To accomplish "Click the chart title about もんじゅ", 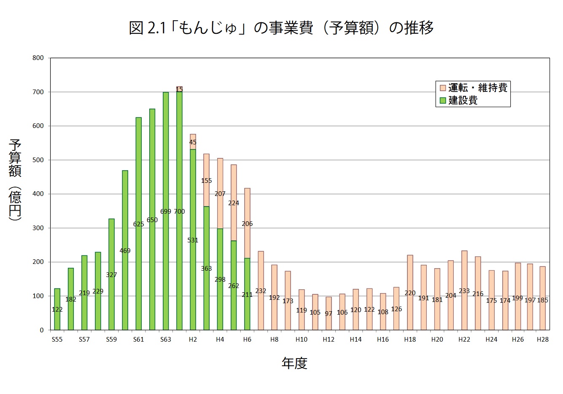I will (x=281, y=28).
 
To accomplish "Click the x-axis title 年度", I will (x=294, y=363).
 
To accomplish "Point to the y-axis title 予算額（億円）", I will (x=15, y=179).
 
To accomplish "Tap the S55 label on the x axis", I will (x=57, y=340).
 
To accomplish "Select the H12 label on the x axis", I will (x=329, y=340).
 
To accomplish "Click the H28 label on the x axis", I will (x=542, y=340).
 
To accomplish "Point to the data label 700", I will (x=179, y=212).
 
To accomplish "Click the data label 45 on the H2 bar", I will (x=193, y=142).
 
